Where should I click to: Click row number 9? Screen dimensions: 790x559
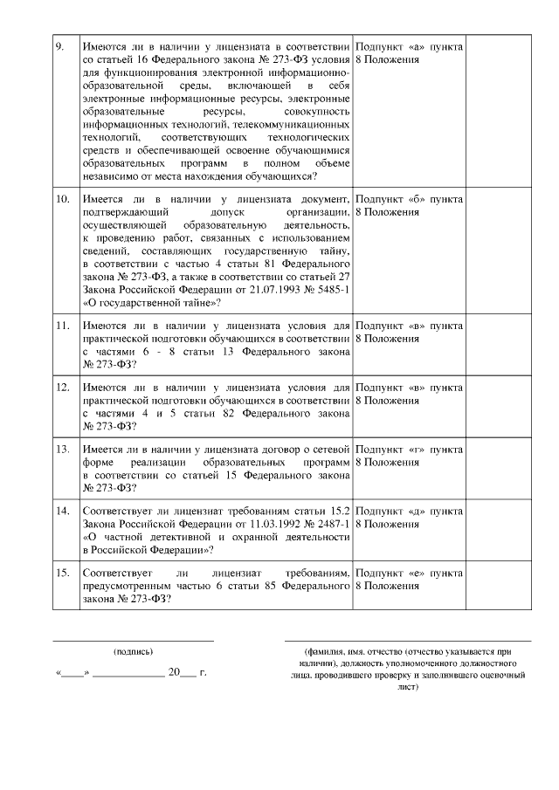59,46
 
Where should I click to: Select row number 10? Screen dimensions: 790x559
62,199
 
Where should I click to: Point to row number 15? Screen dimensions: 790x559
62,573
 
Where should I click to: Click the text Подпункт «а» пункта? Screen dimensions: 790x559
409,46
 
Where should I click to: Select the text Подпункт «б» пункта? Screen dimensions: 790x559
409,199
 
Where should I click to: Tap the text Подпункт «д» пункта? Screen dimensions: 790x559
409,511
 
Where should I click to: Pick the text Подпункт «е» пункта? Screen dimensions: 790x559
409,573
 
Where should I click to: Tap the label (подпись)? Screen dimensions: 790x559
133,651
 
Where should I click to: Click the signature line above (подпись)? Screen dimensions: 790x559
133,641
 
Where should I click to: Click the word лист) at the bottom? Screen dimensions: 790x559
408,686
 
